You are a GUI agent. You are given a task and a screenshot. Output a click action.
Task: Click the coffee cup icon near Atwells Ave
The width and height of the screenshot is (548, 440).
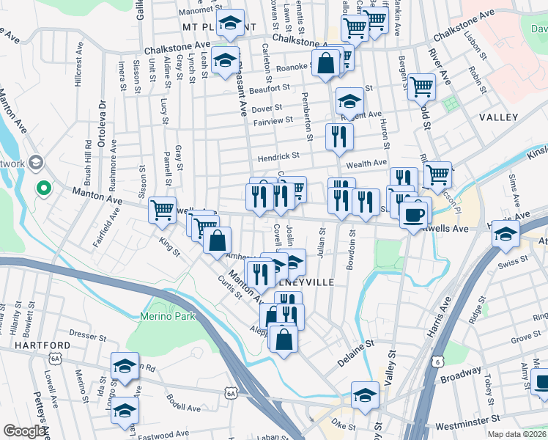(415, 213)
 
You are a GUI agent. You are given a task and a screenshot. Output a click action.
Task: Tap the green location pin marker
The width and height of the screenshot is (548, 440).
(43, 188)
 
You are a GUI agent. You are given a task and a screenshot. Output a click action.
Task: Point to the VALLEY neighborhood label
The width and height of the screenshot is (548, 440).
(498, 117)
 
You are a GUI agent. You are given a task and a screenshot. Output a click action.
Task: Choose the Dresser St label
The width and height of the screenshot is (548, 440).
(89, 336)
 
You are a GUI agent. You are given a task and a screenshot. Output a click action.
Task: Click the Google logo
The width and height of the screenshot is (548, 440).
(24, 431)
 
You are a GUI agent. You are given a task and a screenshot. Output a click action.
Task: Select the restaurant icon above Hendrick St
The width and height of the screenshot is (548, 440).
(339, 136)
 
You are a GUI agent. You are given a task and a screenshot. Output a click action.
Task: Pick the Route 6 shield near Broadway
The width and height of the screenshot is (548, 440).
(437, 362)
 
